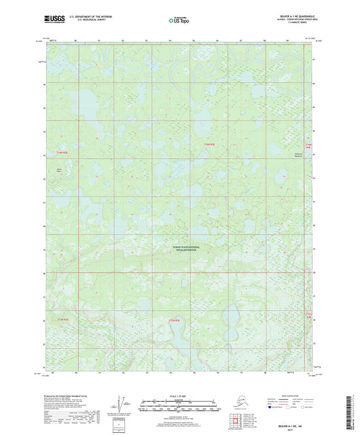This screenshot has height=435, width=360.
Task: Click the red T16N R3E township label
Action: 211,143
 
